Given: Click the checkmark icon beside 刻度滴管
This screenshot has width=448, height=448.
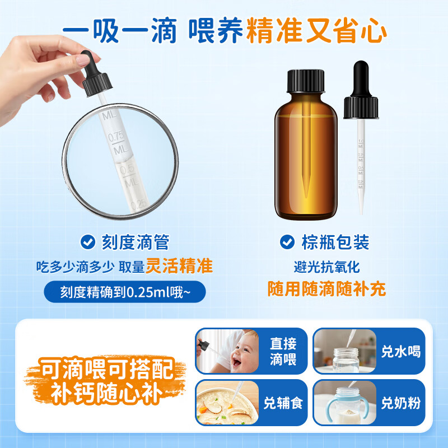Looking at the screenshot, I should [x=87, y=242].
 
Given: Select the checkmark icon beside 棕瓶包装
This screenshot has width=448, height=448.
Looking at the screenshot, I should [x=287, y=242].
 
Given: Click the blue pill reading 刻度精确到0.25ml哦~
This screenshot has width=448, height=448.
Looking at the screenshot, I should [x=125, y=292].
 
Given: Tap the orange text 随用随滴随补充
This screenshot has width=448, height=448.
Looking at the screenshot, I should [x=326, y=289].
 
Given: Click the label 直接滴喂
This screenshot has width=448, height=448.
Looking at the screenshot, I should [x=283, y=351].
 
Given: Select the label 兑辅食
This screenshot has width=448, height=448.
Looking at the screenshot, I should [x=283, y=403].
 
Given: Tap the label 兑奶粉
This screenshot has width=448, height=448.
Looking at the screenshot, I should [x=400, y=403].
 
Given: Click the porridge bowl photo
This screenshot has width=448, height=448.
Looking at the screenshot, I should [x=226, y=403].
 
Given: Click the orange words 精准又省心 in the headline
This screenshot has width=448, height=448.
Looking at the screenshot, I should [x=317, y=31].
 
